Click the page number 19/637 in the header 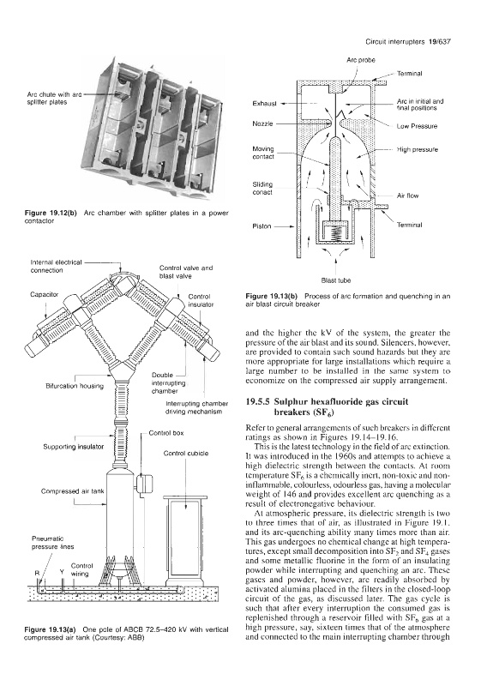coord(441,42)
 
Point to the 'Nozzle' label coord(263,123)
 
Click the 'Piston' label coord(262,226)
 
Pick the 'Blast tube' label coord(336,280)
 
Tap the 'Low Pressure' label coord(417,126)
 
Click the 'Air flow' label coord(407,196)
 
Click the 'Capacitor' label coord(45,294)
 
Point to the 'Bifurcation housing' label coord(75,386)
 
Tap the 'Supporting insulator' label coord(74,447)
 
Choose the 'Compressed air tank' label coord(73,490)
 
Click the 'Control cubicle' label coord(186,454)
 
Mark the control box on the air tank coord(142,484)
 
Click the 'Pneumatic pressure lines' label coord(52,543)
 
